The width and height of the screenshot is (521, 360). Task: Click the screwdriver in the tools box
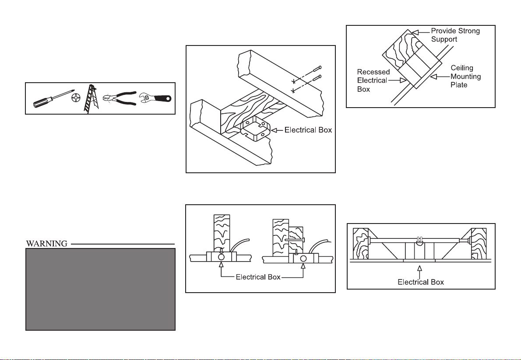(53, 98)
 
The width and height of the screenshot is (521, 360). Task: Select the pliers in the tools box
(120, 98)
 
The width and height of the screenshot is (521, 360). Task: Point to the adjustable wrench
(155, 98)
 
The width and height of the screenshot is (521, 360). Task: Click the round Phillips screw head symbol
(76, 98)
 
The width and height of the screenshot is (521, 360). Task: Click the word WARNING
(47, 244)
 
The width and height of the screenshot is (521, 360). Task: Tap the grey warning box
(100, 289)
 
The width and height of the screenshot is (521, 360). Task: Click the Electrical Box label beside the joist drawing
(308, 130)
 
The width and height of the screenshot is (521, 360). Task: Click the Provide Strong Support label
(455, 35)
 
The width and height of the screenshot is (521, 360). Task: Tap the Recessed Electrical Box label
(373, 80)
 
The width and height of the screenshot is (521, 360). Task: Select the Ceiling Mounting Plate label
(465, 77)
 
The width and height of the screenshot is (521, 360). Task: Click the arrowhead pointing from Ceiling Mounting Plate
(433, 77)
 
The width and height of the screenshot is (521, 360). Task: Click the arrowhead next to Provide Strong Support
(415, 32)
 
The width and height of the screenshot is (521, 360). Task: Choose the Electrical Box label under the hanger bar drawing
(421, 282)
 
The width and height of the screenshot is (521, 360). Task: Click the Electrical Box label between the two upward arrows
(258, 277)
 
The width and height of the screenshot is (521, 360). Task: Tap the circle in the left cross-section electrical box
(221, 257)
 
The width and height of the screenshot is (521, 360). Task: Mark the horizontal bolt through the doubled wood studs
(295, 239)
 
